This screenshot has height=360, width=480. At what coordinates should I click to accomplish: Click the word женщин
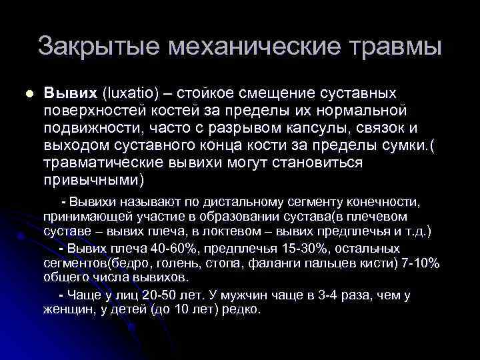point(67,310)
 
